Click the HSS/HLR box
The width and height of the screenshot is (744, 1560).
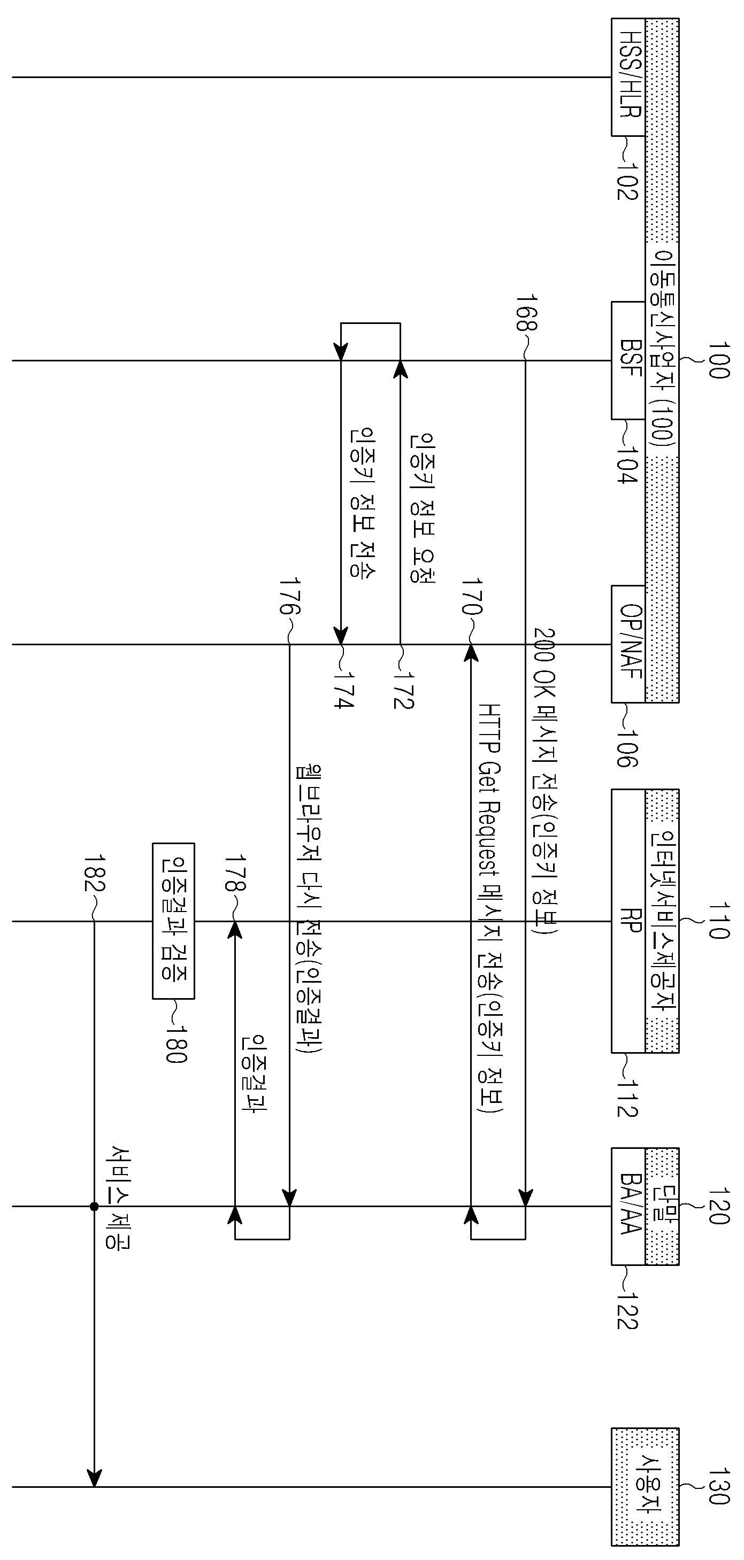pyautogui.click(x=628, y=77)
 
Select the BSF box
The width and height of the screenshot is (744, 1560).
pyautogui.click(x=628, y=360)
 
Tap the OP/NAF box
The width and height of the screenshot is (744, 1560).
pyautogui.click(x=628, y=644)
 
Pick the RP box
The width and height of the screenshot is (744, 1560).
pyautogui.click(x=628, y=921)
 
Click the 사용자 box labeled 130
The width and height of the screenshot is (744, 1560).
pyautogui.click(x=645, y=1486)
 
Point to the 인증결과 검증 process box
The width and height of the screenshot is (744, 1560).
pyautogui.click(x=173, y=921)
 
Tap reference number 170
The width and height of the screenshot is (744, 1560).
pyautogui.click(x=472, y=596)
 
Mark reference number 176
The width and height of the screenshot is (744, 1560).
pyautogui.click(x=289, y=596)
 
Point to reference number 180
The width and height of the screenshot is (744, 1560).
pyautogui.click(x=175, y=1044)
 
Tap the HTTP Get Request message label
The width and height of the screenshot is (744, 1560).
pyautogui.click(x=492, y=908)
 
